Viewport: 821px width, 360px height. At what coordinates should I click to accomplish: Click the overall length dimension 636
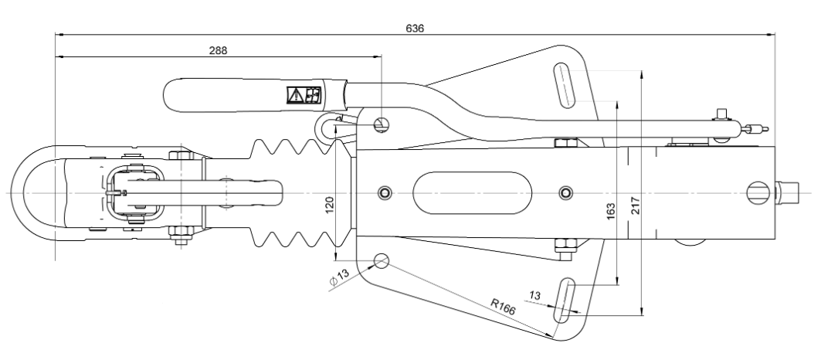[415, 27]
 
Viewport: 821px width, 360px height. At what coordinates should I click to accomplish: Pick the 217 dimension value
[636, 206]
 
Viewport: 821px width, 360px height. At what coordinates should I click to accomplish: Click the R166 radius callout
[503, 306]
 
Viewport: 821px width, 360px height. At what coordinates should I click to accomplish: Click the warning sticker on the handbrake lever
[304, 95]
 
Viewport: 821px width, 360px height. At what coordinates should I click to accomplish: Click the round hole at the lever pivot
[382, 124]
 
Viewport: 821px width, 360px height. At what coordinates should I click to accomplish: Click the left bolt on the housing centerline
[384, 191]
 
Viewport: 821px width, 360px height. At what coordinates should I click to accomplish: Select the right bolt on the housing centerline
[566, 191]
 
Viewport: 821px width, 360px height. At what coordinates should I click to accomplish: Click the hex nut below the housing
[565, 246]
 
